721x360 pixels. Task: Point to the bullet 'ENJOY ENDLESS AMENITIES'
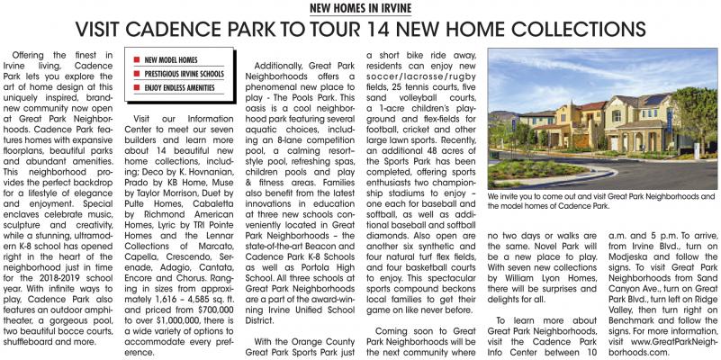(183, 89)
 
